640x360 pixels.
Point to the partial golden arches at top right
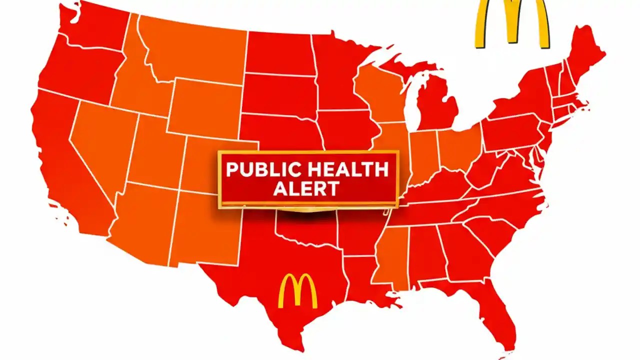pyautogui.click(x=511, y=22)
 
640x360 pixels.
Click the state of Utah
pyautogui.click(x=155, y=150)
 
